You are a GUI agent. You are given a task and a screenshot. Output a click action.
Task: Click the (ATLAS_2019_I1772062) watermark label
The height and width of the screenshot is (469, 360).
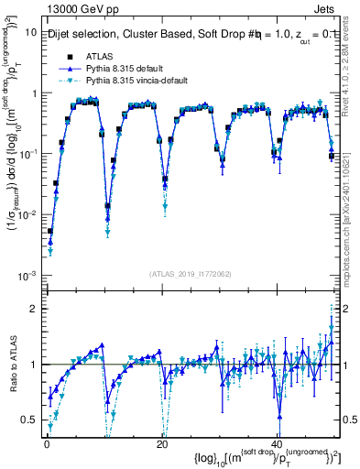pyautogui.click(x=191, y=273)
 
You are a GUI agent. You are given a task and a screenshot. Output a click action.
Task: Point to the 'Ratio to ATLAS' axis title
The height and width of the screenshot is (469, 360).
pyautogui.click(x=13, y=365)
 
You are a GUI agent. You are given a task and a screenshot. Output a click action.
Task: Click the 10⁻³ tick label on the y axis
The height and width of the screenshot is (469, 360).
pyautogui.click(x=27, y=276)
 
